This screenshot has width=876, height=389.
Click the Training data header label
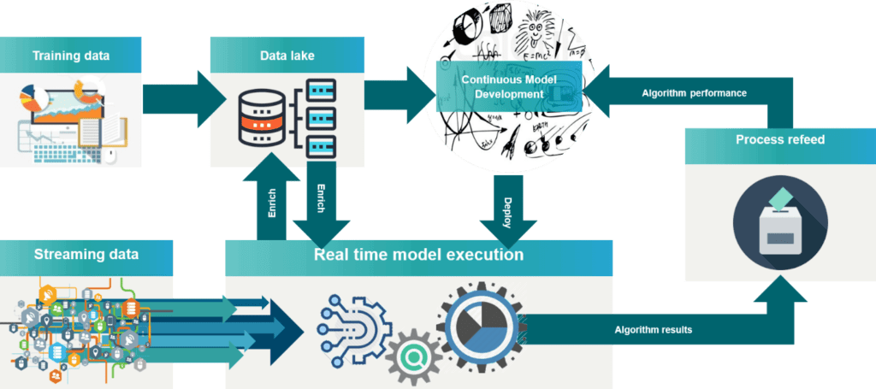pos(71,56)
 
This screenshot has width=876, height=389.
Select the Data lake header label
pos(287,56)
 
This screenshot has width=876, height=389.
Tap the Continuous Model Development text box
pos(509,85)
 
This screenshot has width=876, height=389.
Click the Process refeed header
pos(779,139)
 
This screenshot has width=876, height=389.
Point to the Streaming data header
pos(86,254)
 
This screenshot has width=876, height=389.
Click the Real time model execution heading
pos(418,255)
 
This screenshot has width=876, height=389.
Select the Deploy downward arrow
pos(507,209)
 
